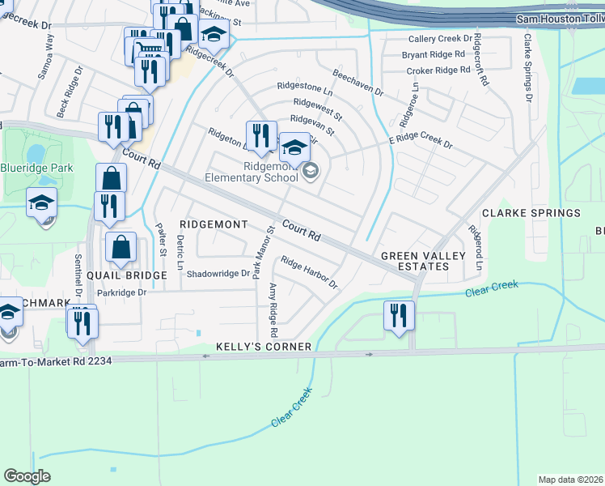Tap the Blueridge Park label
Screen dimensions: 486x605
pos(36,168)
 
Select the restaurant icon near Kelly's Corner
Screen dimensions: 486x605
pos(397,315)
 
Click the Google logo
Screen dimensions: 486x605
pos(27,476)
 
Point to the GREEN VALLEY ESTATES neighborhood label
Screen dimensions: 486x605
pos(424,262)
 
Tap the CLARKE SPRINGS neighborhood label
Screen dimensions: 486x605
pos(531,213)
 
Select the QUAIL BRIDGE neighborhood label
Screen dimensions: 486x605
pos(126,275)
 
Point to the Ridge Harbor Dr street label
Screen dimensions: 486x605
pos(308,271)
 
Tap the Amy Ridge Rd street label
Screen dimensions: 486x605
pos(273,311)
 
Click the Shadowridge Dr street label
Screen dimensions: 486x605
pos(218,274)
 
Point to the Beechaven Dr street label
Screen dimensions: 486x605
pos(357,84)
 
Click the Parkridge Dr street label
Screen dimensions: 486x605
pos(121,292)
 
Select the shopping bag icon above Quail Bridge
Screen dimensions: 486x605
pos(121,249)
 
